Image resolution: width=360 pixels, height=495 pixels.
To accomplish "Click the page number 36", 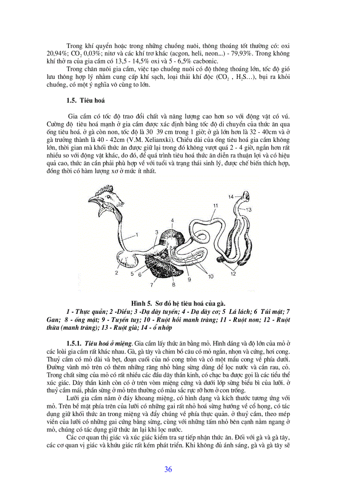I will (168, 469).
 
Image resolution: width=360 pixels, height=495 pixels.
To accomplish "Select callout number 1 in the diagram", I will (137, 234).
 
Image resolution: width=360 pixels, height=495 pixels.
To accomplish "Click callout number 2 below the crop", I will (116, 273).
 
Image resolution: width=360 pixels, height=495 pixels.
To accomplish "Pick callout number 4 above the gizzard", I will (172, 220).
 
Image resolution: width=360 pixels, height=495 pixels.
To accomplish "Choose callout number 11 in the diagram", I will (216, 205).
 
